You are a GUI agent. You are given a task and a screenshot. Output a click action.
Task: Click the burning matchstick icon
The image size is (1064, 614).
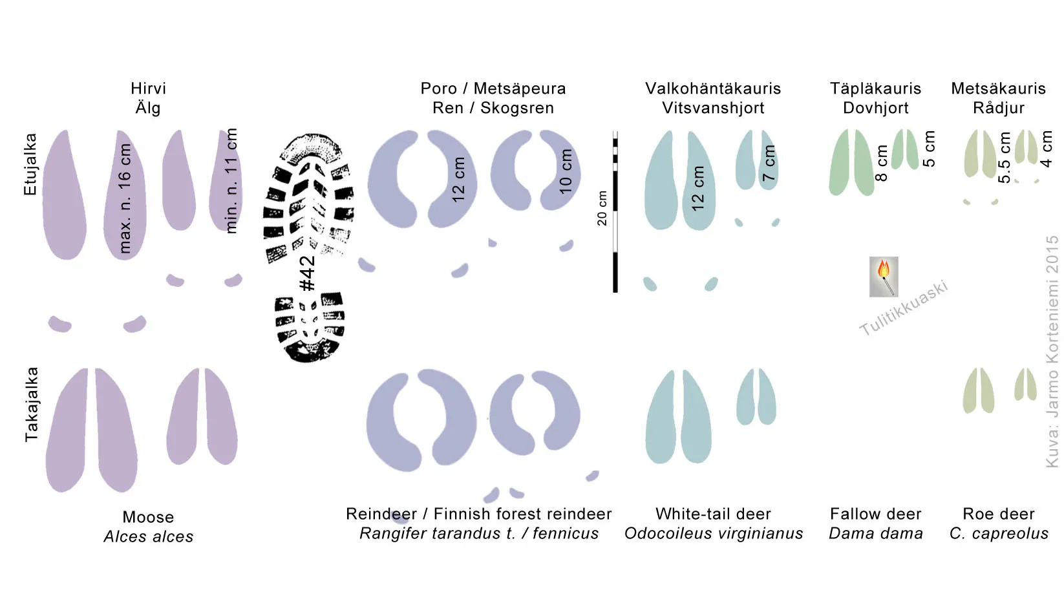tap(884, 277)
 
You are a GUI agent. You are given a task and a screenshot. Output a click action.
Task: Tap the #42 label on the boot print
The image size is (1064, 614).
tap(308, 273)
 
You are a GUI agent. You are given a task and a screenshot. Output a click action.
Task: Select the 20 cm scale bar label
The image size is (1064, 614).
tap(602, 208)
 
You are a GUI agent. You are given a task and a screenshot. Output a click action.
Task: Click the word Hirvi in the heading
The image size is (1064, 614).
tap(148, 89)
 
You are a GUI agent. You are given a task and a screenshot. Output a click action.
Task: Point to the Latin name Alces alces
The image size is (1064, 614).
tap(148, 536)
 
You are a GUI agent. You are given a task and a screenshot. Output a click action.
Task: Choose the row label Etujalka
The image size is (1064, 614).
tap(30, 164)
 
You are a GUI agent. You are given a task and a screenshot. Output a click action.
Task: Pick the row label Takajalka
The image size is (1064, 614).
tap(31, 405)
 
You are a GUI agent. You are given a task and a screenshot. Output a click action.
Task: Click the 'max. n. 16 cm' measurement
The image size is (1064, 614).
tap(125, 198)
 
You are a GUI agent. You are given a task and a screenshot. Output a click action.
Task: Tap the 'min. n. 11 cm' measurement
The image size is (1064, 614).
tap(231, 180)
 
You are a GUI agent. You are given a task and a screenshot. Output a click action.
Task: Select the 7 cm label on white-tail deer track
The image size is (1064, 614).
tap(769, 163)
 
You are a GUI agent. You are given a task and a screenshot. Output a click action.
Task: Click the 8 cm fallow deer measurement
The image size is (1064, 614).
tap(881, 163)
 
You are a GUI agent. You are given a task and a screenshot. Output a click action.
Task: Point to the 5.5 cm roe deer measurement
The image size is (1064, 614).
tap(1004, 157)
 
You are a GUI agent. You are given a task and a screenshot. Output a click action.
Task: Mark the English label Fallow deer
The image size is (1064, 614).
tap(875, 513)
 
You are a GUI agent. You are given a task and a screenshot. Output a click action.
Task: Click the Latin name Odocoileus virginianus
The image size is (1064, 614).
tap(714, 533)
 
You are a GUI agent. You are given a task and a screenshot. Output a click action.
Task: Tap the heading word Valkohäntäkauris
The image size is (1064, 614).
tap(713, 89)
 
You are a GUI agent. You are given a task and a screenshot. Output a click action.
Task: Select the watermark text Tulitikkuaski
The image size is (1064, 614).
tap(904, 308)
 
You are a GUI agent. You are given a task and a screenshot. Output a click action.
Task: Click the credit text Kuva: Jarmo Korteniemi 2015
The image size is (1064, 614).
tap(1052, 352)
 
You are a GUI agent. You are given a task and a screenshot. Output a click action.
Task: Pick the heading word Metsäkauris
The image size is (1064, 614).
tap(999, 89)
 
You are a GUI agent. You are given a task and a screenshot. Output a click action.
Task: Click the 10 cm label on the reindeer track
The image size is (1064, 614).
tap(565, 171)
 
